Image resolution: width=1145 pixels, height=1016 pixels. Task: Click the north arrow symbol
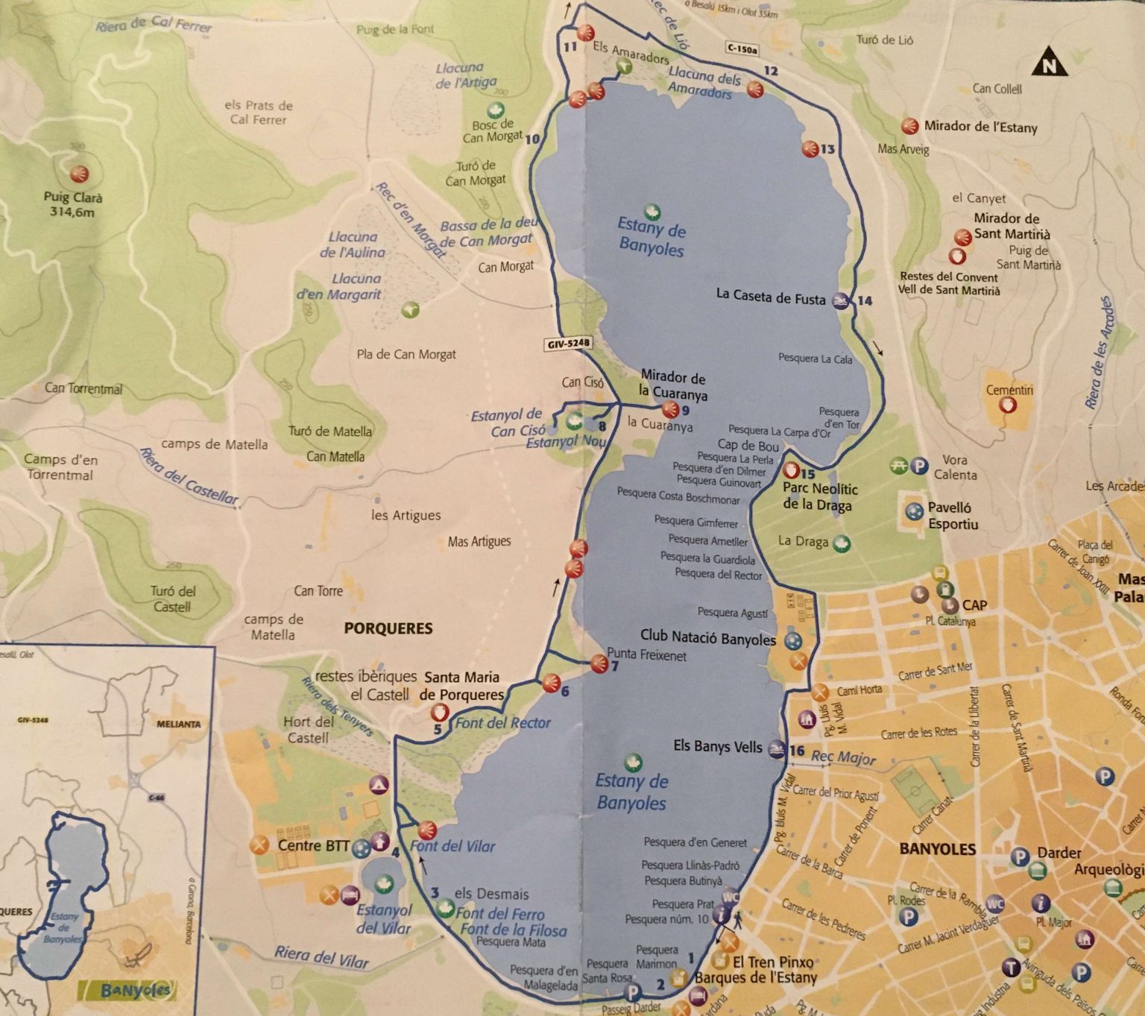tap(1049, 65)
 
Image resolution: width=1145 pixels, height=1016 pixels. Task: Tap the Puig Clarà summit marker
tap(78, 174)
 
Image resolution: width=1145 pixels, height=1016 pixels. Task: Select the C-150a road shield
tap(742, 49)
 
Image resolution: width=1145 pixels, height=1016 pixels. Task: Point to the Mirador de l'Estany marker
tap(909, 126)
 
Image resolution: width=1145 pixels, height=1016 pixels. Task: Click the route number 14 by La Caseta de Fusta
tap(865, 300)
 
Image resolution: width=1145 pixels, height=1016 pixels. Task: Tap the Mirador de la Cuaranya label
tap(672, 385)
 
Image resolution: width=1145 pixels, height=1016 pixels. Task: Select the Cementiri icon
tap(1008, 405)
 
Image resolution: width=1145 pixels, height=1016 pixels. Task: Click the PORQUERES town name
tap(388, 628)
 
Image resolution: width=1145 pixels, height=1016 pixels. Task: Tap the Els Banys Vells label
tap(717, 746)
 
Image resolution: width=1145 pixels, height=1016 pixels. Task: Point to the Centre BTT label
tap(313, 845)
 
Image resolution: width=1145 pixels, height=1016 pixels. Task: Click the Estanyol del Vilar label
tap(384, 919)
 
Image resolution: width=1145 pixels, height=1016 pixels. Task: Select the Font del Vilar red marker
tap(427, 830)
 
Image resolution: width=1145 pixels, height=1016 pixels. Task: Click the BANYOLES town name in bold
tap(937, 848)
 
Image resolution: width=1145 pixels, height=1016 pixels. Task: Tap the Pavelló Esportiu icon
tap(913, 512)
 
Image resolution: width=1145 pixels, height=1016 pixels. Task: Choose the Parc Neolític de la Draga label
tap(819, 496)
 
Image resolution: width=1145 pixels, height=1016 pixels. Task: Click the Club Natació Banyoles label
tap(707, 639)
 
